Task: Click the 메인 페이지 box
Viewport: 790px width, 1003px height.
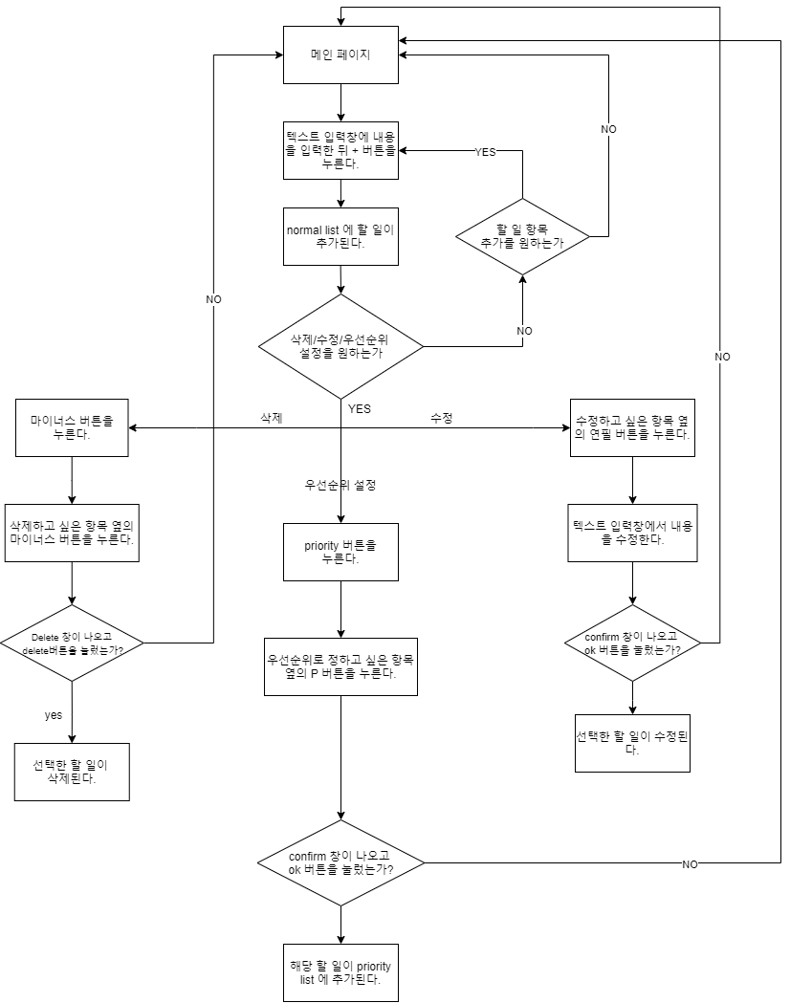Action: (340, 55)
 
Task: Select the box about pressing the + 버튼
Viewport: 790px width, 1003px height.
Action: (340, 150)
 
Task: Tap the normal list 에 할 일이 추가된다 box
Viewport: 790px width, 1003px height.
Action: (340, 236)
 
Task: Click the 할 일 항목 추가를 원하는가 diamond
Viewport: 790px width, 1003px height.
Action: (522, 236)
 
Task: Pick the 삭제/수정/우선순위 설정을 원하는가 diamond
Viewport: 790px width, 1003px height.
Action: (340, 346)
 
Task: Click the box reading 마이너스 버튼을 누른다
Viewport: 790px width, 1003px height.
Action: (72, 427)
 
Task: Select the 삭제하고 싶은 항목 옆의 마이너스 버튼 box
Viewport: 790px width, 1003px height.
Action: (72, 533)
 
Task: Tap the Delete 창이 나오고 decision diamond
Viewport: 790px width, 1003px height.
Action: (72, 643)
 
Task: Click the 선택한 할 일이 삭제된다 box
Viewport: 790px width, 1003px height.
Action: (72, 772)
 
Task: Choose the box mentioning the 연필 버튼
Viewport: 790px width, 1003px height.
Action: (632, 427)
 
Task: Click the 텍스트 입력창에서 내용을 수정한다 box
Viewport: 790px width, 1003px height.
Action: (632, 533)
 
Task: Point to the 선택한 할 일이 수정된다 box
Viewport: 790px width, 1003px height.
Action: (632, 743)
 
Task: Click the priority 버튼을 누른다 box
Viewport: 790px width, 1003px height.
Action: (340, 552)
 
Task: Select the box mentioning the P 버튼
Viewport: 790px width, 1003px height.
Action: (340, 666)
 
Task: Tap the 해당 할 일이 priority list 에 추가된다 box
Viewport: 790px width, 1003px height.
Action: (340, 972)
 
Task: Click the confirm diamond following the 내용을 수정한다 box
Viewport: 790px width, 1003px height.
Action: (632, 643)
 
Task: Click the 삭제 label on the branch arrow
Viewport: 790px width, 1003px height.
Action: (272, 418)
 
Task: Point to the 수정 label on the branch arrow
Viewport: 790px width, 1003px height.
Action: (442, 418)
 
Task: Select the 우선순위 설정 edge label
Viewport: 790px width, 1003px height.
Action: (340, 485)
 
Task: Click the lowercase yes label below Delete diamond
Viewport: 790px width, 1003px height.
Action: (54, 714)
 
